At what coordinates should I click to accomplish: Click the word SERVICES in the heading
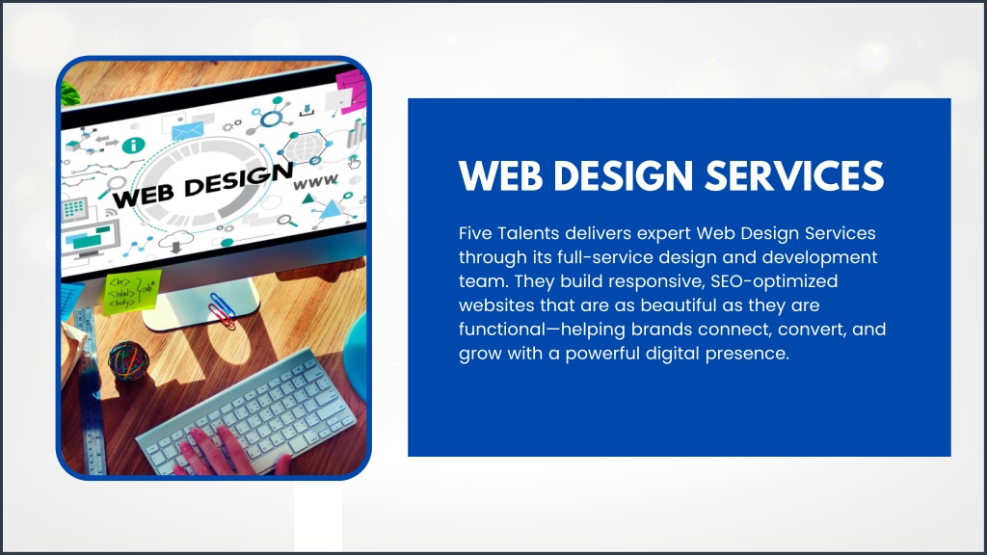coord(794,175)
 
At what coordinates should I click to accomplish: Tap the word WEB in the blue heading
coord(500,175)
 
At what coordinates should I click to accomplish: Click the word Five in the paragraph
coord(475,233)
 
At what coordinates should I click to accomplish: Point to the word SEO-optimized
coord(774,281)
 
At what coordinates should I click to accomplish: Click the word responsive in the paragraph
coord(655,282)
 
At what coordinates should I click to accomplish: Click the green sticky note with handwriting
coord(131,292)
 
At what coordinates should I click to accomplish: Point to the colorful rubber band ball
coord(128,359)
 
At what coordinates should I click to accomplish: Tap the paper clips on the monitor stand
coord(223,310)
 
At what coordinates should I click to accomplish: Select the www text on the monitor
coord(315,182)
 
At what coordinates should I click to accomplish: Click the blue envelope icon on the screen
coord(188,130)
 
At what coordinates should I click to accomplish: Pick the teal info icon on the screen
coord(133,145)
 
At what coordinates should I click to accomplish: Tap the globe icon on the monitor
coord(305,148)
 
